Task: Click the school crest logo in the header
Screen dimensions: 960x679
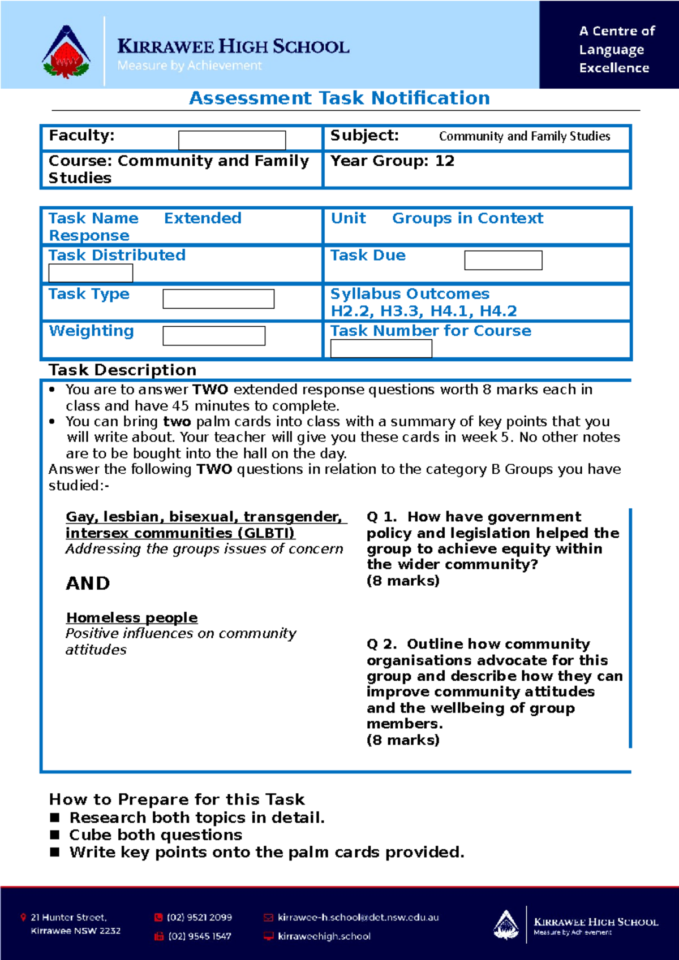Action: [x=66, y=53]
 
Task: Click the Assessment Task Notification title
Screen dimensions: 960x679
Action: [x=339, y=98]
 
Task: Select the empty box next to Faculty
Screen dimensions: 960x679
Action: [x=231, y=140]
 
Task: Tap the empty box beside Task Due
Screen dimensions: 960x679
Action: [x=502, y=260]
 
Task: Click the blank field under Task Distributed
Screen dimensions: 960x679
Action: [x=91, y=273]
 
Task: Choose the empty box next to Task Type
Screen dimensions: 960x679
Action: [x=218, y=299]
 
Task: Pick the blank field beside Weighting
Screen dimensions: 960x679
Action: [x=213, y=336]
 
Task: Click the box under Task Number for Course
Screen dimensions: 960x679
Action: [x=381, y=349]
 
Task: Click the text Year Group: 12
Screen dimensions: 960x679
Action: [x=392, y=161]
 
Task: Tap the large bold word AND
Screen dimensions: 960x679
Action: [x=88, y=583]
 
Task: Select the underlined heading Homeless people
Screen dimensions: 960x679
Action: [x=132, y=617]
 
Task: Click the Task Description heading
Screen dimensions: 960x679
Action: [x=122, y=370]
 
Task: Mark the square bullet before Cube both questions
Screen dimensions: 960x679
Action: [x=55, y=834]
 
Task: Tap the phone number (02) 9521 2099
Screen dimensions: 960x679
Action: [x=199, y=917]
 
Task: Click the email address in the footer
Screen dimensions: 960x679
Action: [x=358, y=917]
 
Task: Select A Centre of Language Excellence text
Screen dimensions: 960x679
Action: [x=616, y=49]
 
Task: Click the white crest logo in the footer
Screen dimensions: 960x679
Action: [x=506, y=924]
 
